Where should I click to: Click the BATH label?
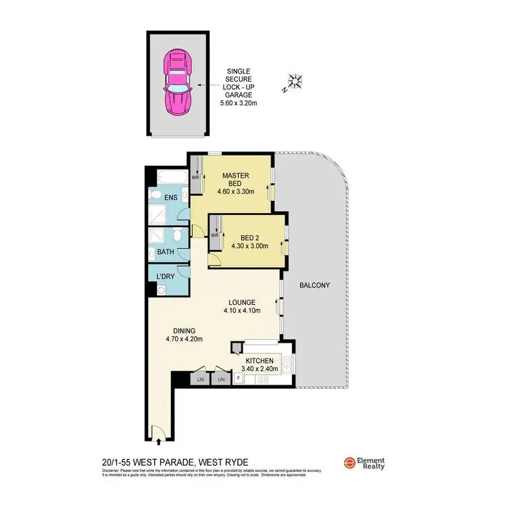pyautogui.click(x=166, y=252)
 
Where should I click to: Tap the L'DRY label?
pyautogui.click(x=165, y=276)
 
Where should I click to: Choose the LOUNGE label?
pyautogui.click(x=241, y=302)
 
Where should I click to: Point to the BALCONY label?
pyautogui.click(x=314, y=285)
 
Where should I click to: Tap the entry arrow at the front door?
pyautogui.click(x=158, y=442)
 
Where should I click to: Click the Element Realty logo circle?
pyautogui.click(x=349, y=463)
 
